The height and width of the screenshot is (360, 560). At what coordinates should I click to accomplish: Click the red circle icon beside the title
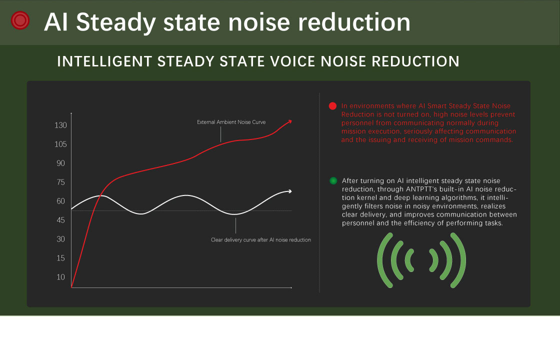click(20, 20)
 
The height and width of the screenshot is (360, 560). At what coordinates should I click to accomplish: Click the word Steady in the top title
click(116, 22)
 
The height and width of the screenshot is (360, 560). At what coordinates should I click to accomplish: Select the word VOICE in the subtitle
click(292, 61)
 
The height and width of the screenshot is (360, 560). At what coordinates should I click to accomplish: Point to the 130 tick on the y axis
click(60, 125)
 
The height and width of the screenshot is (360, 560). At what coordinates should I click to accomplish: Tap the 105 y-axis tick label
click(60, 144)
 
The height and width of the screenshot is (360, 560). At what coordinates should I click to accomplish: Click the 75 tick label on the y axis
click(60, 182)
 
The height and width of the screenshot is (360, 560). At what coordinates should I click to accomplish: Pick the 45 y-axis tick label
click(60, 220)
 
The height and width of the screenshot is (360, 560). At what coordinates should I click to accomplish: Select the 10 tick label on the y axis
click(60, 277)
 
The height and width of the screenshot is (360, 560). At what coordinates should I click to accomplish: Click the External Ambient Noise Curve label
click(231, 122)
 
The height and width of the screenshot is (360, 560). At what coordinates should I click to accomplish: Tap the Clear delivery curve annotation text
click(261, 240)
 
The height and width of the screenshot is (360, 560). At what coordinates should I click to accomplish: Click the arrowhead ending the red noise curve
click(289, 122)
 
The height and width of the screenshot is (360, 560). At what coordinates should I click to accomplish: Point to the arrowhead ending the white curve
click(289, 191)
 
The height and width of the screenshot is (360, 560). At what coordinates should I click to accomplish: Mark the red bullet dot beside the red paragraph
click(332, 106)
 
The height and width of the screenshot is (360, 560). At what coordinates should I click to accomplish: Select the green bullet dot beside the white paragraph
click(333, 180)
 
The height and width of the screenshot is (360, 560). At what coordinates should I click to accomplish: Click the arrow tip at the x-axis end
click(291, 287)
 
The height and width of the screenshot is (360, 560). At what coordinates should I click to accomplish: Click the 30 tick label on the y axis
click(60, 239)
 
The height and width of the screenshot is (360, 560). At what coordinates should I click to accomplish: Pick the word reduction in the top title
click(354, 22)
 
